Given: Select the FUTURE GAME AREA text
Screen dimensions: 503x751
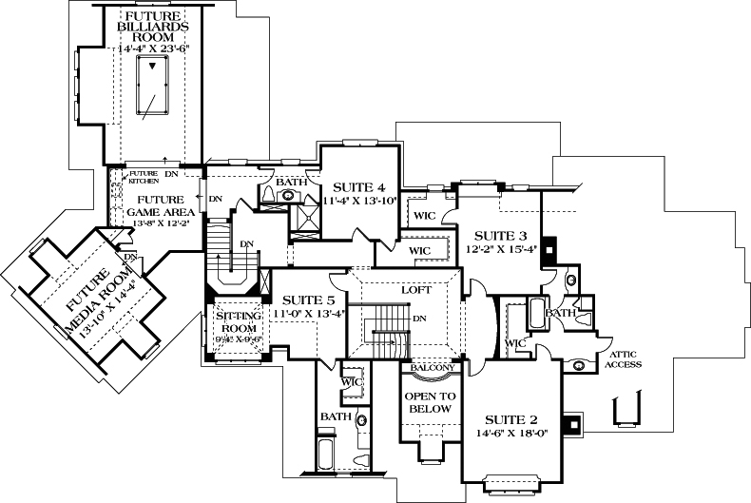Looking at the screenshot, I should pyautogui.click(x=159, y=205).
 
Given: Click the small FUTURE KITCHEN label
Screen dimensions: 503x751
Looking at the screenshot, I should pyautogui.click(x=143, y=177).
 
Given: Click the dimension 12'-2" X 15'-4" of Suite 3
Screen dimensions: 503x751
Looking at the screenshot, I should pyautogui.click(x=501, y=250).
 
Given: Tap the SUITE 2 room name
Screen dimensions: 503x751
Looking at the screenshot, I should pyautogui.click(x=512, y=417).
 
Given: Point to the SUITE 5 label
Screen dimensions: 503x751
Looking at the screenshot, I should pyautogui.click(x=310, y=300).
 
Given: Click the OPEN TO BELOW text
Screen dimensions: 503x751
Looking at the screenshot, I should pyautogui.click(x=431, y=403).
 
